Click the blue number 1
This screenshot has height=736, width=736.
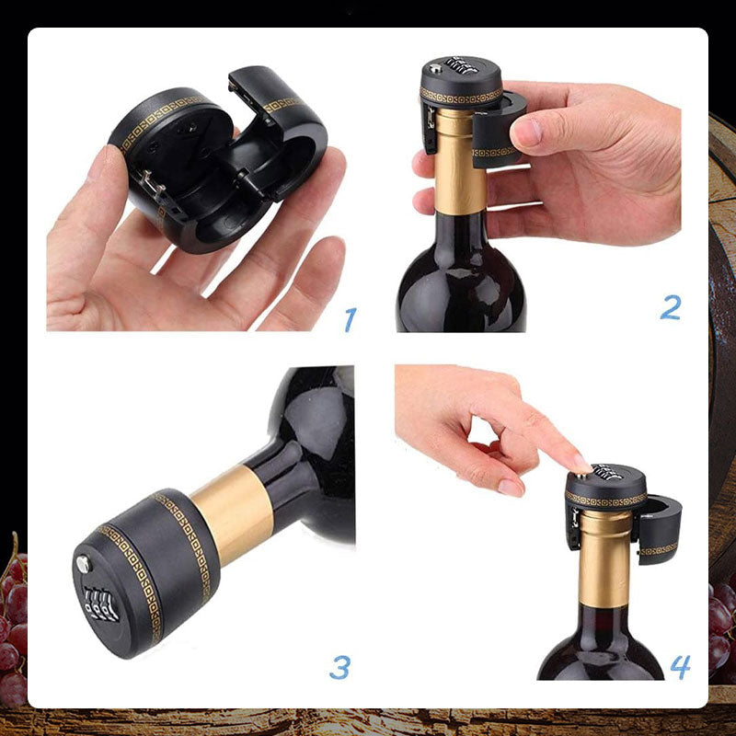click(x=351, y=319)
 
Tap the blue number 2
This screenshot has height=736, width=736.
click(x=671, y=308)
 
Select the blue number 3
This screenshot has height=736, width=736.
click(x=340, y=667)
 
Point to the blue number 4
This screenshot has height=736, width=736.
click(x=680, y=666)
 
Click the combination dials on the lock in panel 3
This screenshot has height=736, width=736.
click(x=100, y=604)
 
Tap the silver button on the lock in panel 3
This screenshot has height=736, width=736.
click(x=83, y=564)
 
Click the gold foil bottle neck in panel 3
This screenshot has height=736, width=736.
click(x=234, y=515)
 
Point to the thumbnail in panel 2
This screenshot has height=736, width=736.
click(x=527, y=132)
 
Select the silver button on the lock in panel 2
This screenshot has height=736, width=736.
click(x=436, y=68)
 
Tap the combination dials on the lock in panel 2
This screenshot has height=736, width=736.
click(x=462, y=65)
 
